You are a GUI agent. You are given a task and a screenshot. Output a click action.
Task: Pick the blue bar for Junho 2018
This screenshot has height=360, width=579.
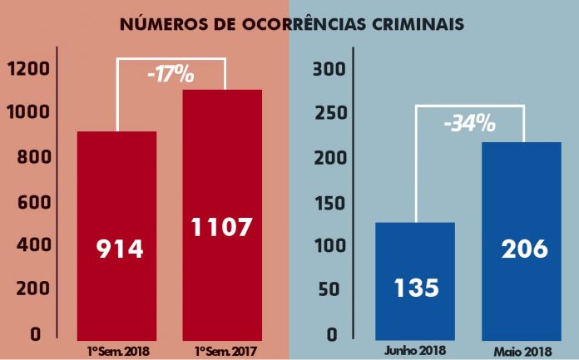point(415,249)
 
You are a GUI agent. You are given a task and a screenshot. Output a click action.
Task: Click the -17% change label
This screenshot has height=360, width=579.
point(171,75)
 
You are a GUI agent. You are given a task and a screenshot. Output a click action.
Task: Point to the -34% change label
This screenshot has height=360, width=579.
point(469,125)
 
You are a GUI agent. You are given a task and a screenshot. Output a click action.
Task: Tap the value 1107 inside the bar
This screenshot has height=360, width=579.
point(221,227)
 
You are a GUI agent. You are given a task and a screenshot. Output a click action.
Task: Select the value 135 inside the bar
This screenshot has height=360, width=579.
point(415,288)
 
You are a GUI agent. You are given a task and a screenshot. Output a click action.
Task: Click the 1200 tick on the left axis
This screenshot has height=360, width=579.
point(28,69)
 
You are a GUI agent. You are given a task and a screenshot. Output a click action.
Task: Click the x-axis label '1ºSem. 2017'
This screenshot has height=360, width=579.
point(222,349)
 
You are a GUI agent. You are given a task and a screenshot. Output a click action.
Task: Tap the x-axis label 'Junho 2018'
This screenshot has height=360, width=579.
point(415,349)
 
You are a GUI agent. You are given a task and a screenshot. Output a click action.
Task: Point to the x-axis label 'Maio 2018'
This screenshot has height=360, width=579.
point(522,349)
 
